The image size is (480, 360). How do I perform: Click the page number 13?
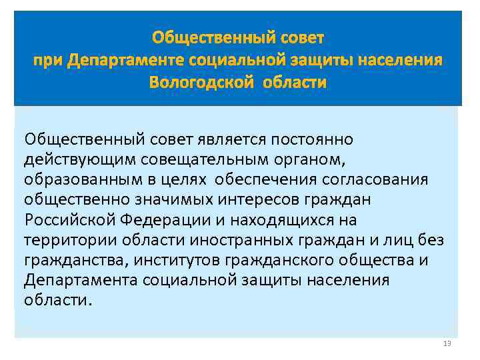tap(447, 344)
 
